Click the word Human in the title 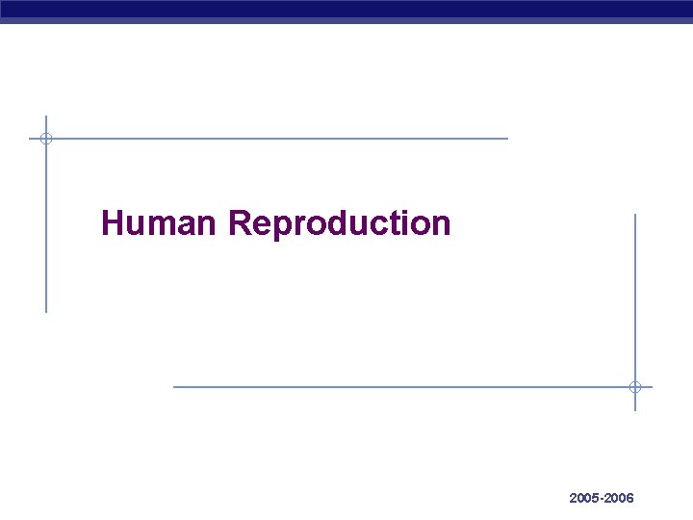click(161, 223)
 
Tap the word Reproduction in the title click(340, 223)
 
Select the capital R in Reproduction click(240, 223)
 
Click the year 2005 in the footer click(583, 498)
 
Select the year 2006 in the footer click(618, 498)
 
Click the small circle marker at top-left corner click(45, 139)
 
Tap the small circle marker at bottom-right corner click(635, 387)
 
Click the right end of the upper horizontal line click(506, 139)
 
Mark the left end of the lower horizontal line click(175, 387)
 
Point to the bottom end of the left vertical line click(45, 311)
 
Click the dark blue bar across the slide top click(346, 11)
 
